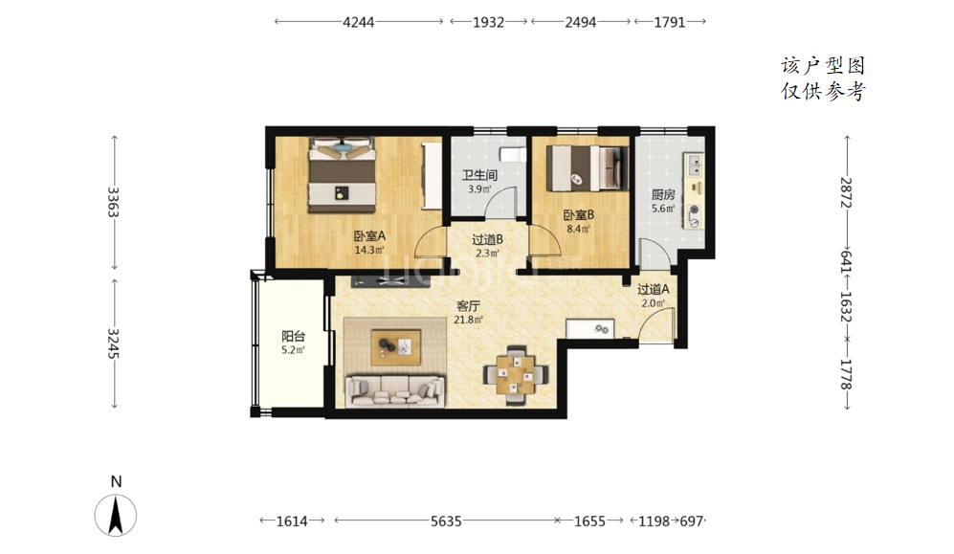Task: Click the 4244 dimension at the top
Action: coord(359,23)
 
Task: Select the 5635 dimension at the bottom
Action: coord(446,521)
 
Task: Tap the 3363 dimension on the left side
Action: coord(113,202)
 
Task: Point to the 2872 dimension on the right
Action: coord(846,192)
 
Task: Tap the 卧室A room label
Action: coord(370,236)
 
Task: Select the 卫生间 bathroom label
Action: coord(479,175)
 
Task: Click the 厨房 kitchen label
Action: coord(663,194)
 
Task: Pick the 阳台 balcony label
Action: coord(293,336)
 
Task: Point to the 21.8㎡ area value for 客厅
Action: coord(469,320)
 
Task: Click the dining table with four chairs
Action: coord(516,375)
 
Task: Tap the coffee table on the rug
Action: coord(396,347)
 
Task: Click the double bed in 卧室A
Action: coord(341,175)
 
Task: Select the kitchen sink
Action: coord(693,165)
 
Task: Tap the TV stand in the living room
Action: coord(390,281)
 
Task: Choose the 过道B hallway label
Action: coord(487,239)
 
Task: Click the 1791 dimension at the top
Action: coord(670,23)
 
